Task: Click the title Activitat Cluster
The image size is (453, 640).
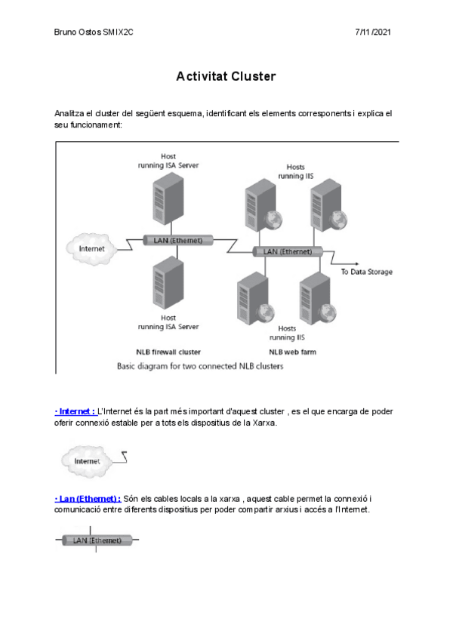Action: coord(226,77)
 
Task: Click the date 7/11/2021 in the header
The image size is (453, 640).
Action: coord(372,32)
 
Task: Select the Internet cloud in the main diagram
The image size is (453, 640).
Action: coord(91,248)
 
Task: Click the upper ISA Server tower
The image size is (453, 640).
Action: coord(168,198)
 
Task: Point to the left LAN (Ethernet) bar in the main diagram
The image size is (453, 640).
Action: coord(178,240)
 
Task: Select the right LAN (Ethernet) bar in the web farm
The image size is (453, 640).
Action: coord(287,251)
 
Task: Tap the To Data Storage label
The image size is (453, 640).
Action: coord(366,272)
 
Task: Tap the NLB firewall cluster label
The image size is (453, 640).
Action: coord(168,352)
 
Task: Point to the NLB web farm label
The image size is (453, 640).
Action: coord(291,352)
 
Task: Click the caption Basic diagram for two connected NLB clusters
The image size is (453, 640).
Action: coord(200,367)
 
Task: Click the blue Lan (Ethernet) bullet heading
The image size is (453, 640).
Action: coord(88,499)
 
